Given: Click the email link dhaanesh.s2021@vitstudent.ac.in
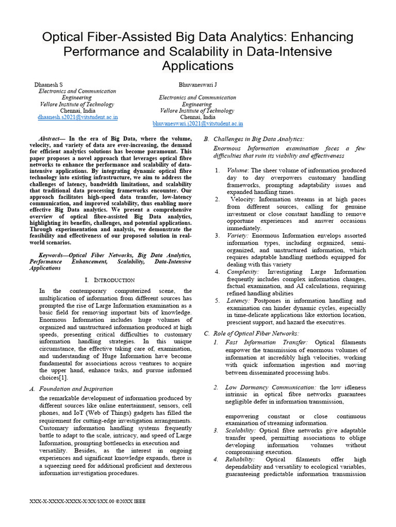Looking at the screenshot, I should pos(78,117).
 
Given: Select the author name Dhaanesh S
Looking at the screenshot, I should pos(48,84).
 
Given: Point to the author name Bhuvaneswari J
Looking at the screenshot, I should pos(197,84).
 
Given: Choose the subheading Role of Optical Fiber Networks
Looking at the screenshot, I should pos(256,333).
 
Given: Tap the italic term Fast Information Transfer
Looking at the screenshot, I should pos(267,342).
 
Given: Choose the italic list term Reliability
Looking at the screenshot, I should pos(241,459).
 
